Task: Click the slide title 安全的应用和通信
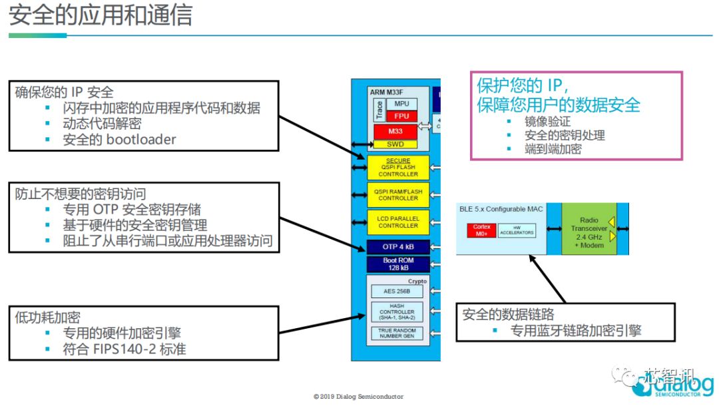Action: [101, 15]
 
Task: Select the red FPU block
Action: [401, 116]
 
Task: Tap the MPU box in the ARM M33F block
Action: [401, 104]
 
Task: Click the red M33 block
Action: [395, 131]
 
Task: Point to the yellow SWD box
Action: [395, 144]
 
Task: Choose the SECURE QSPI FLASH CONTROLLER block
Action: [398, 168]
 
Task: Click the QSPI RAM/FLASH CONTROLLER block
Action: [398, 194]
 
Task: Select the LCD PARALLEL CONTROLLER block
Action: [398, 222]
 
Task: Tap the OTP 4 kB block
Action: [398, 248]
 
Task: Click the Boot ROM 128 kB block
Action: [398, 264]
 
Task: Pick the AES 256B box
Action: [397, 292]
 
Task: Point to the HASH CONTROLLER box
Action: [397, 311]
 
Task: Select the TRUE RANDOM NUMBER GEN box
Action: [397, 333]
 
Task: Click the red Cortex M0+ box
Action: [481, 230]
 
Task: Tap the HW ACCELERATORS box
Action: [517, 230]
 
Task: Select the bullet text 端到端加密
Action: [553, 149]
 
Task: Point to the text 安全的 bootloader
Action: [119, 139]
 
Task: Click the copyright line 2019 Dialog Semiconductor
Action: [358, 397]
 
